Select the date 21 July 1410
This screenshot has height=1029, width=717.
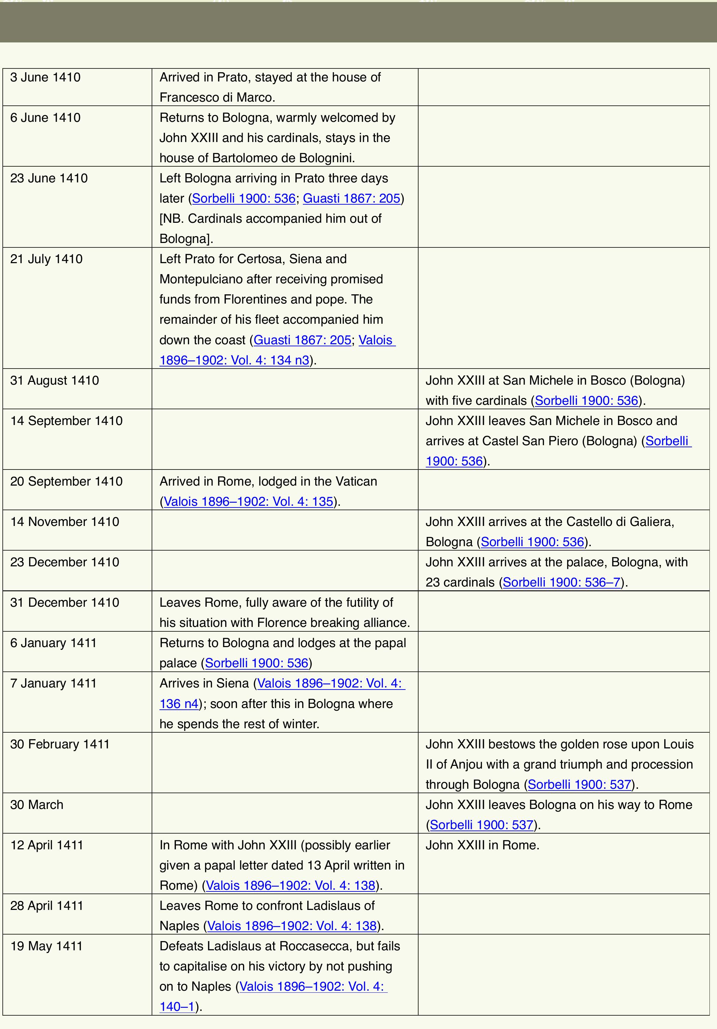click(x=46, y=259)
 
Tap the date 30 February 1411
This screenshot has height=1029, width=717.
click(x=60, y=744)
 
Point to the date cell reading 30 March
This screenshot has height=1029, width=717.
click(x=37, y=805)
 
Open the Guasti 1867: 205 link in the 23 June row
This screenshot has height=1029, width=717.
click(x=351, y=198)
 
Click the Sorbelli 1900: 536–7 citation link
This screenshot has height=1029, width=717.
click(x=562, y=582)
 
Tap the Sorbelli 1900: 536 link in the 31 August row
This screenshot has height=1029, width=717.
click(x=586, y=401)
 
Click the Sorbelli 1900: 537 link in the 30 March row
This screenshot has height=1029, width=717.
click(x=482, y=825)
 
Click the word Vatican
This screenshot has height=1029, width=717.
click(x=352, y=481)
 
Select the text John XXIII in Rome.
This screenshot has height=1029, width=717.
click(x=482, y=845)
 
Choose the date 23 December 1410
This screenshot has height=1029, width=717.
click(x=65, y=562)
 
